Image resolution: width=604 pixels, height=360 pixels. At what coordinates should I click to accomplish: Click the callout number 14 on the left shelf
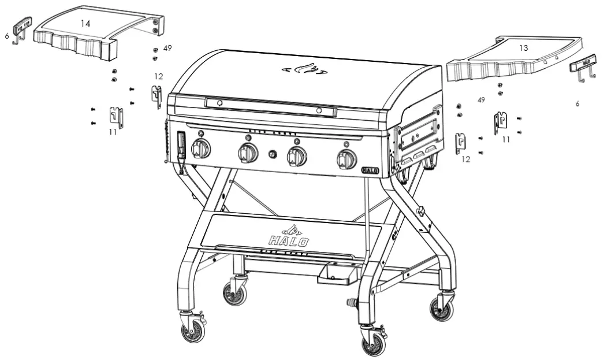(x=85, y=24)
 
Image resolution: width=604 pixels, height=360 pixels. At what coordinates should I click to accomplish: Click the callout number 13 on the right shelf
(x=523, y=48)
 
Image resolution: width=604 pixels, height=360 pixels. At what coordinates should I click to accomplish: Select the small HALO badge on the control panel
(x=370, y=170)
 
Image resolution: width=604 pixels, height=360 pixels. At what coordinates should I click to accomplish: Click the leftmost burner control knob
(x=201, y=149)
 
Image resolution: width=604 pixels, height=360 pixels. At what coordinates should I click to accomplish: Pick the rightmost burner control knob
(x=347, y=158)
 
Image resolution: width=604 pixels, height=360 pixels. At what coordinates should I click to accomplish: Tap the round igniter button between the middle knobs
(x=273, y=154)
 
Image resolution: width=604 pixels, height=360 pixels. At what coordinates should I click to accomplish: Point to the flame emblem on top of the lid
(x=304, y=70)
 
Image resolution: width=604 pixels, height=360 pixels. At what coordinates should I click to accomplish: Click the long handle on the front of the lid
(x=270, y=106)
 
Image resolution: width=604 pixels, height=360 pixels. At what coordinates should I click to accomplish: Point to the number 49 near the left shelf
(x=167, y=48)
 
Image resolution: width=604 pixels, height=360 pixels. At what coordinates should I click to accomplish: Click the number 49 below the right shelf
(x=481, y=100)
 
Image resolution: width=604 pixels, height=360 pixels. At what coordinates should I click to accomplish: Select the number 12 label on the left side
(x=159, y=76)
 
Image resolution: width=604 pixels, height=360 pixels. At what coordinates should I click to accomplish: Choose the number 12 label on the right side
(x=465, y=159)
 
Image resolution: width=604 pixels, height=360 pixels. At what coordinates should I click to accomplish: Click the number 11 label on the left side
(x=113, y=132)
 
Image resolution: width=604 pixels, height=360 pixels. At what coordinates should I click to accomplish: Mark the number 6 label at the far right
(x=577, y=104)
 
